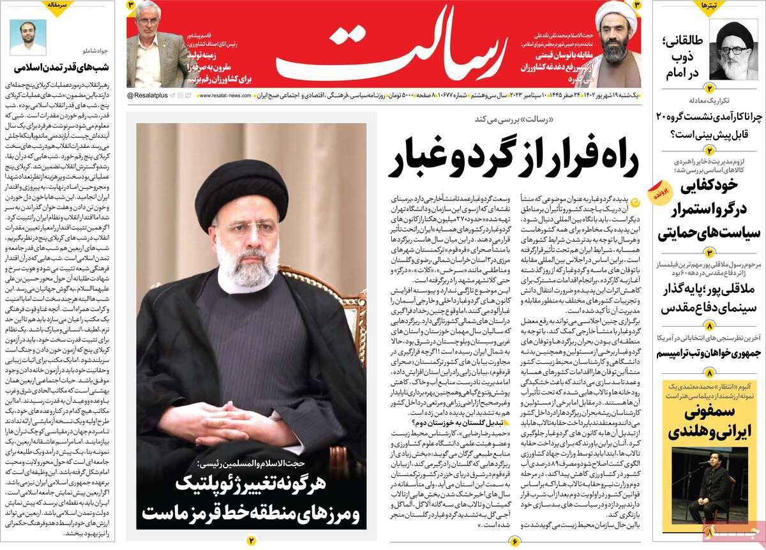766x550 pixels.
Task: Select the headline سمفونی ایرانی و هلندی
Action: tap(705, 422)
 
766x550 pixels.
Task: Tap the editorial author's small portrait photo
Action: tap(27, 38)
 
